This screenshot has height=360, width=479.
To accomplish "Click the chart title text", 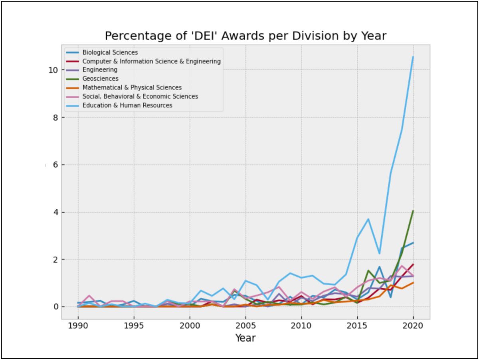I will (x=245, y=36).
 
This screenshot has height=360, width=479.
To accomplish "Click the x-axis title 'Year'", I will (x=245, y=338).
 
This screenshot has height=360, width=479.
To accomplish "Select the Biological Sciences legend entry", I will (x=110, y=52).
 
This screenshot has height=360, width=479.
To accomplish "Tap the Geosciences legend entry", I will (x=100, y=79).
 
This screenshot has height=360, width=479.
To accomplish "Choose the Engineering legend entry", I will (x=100, y=70).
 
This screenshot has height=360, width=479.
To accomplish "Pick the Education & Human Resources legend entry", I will (x=127, y=105).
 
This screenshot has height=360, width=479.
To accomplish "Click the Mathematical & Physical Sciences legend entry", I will (x=132, y=87).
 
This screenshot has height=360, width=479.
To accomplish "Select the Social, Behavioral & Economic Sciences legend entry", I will (x=140, y=97).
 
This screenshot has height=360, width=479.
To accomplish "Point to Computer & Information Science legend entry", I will (x=151, y=61).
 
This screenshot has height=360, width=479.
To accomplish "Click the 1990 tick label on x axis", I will (x=78, y=326).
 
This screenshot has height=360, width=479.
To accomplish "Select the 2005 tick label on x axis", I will (x=245, y=326).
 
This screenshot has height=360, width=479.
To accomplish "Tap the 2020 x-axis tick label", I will (x=413, y=326).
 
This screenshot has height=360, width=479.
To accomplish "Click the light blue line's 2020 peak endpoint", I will (x=413, y=56).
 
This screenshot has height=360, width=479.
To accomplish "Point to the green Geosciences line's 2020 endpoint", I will (x=413, y=211).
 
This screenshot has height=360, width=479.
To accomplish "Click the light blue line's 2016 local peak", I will (x=368, y=219).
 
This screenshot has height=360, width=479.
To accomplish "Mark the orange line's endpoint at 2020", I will (x=413, y=283).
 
